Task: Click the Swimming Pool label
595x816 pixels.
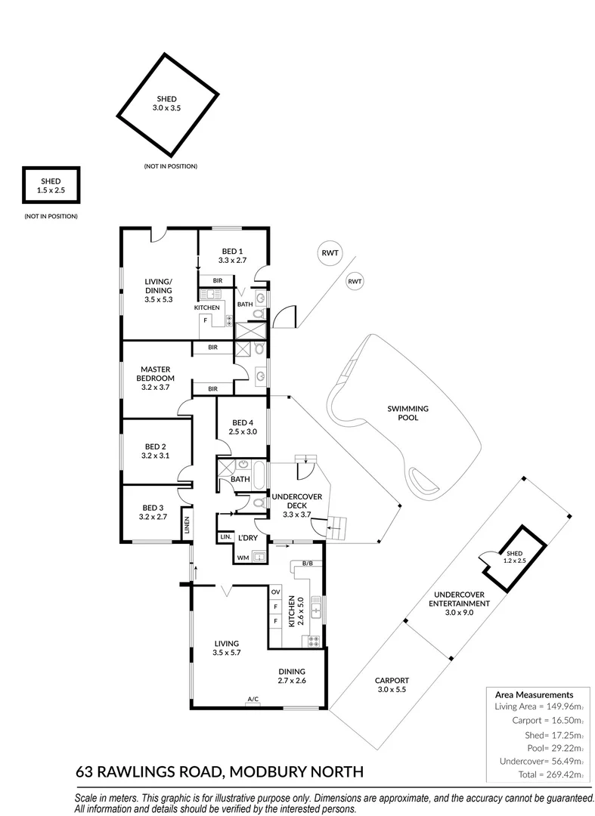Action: (x=408, y=413)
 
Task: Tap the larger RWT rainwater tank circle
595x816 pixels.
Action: (x=330, y=253)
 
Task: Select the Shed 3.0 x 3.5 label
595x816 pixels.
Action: (x=166, y=103)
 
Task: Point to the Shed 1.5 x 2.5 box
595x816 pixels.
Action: (x=51, y=185)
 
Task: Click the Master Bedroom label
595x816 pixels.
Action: (x=156, y=379)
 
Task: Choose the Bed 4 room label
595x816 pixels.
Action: (x=243, y=427)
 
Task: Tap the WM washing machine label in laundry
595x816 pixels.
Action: (x=243, y=558)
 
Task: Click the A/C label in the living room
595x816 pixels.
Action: (x=253, y=699)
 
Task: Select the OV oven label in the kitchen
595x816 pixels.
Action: (x=275, y=592)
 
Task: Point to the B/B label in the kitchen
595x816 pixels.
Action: (x=308, y=564)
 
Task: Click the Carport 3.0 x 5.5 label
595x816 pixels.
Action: (x=392, y=685)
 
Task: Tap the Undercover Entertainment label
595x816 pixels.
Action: (x=459, y=604)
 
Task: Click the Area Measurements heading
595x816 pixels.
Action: (x=534, y=695)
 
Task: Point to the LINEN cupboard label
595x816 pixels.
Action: (x=186, y=526)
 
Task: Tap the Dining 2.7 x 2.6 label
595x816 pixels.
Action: (x=292, y=676)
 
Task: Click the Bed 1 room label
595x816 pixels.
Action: (x=231, y=255)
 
